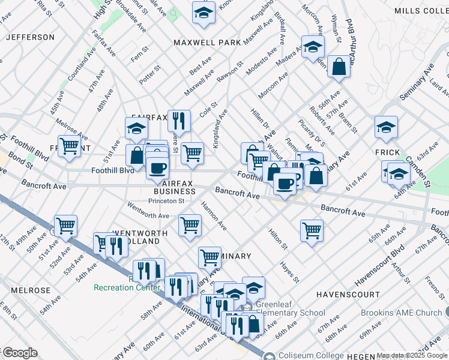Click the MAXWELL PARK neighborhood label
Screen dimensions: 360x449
(207, 43)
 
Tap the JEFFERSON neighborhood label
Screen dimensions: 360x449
(30, 37)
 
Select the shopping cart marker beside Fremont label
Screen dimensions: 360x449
(70, 146)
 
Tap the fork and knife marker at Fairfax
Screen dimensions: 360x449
(179, 121)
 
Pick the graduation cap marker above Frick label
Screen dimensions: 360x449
(386, 127)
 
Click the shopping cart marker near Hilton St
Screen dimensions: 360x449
(312, 230)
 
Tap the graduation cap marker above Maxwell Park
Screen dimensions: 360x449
(203, 12)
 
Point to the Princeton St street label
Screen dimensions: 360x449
(166, 201)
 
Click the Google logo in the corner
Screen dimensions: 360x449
(20, 353)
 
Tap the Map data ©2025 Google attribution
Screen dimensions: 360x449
(412, 356)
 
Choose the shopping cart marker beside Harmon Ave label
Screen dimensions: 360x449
(190, 226)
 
